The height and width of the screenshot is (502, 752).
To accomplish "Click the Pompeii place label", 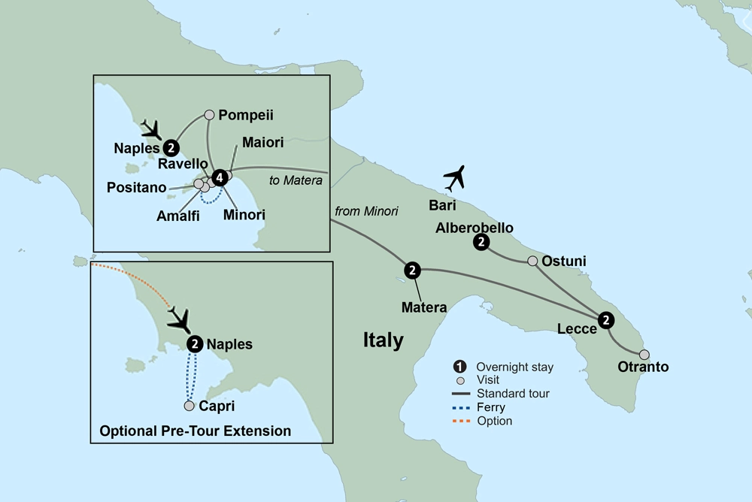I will point(245,115).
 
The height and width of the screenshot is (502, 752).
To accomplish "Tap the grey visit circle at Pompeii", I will point(210,115).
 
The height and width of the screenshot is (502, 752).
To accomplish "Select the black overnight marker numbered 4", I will point(219,178).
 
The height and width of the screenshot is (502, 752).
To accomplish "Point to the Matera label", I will point(424,307).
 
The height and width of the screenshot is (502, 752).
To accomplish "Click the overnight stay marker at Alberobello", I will point(481,242).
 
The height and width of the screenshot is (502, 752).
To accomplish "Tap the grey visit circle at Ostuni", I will point(532,262).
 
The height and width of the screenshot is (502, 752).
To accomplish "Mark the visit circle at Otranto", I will point(644,355).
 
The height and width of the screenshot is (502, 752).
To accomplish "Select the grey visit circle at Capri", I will point(190,406).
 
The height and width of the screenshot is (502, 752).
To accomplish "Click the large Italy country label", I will point(383,340).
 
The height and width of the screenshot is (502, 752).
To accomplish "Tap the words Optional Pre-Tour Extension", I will point(195,431).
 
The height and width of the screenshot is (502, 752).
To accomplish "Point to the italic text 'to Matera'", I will point(296,180).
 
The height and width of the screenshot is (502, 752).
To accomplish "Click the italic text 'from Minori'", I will point(367,211).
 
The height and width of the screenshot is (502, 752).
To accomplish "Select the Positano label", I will point(136,188).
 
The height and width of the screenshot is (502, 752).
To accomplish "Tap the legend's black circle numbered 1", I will point(459,367).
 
